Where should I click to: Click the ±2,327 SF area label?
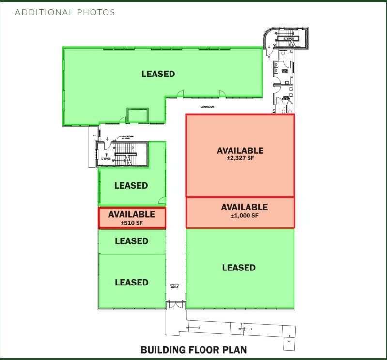(240, 158)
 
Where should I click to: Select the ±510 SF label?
(132, 223)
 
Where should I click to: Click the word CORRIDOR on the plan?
(207, 107)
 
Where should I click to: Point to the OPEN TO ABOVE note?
(174, 287)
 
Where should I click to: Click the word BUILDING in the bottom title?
(162, 350)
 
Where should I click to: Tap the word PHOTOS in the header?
(96, 12)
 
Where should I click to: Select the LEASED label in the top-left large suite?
(158, 74)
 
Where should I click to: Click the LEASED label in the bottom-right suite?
(239, 268)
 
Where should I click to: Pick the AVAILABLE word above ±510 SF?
(132, 214)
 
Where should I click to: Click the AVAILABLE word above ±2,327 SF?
(240, 150)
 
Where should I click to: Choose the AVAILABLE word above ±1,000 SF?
(244, 207)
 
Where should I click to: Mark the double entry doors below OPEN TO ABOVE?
(175, 305)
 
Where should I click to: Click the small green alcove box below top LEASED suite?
(138, 115)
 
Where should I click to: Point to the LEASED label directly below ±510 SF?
(131, 241)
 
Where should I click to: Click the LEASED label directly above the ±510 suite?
(131, 185)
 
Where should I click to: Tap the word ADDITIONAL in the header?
(44, 12)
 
